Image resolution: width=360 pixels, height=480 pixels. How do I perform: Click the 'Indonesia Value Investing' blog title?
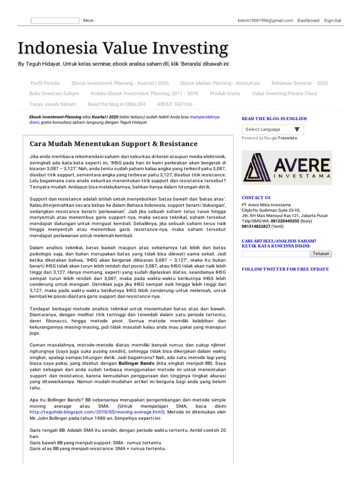point(123,48)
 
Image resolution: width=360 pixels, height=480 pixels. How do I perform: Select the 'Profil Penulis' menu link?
point(45,83)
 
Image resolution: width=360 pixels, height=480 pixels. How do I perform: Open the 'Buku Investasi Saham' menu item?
point(54,93)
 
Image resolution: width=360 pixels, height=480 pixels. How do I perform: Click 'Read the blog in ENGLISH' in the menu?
point(116,104)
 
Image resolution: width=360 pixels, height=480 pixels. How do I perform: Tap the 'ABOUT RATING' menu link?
point(174,104)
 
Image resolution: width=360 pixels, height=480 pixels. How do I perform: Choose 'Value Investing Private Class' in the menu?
point(285,93)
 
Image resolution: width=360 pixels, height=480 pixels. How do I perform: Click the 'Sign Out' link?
point(332,21)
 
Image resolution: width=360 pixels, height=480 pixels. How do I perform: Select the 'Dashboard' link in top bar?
point(308,21)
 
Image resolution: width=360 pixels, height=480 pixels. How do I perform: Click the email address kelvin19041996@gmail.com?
point(266,21)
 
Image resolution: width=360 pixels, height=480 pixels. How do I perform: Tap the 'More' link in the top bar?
point(88,21)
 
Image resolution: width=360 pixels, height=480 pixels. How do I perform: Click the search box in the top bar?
point(55,21)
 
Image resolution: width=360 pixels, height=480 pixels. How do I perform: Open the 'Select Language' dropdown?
point(272,129)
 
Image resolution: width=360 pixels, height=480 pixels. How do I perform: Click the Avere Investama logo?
point(286,167)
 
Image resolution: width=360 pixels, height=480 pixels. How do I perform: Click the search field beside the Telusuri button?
point(276,254)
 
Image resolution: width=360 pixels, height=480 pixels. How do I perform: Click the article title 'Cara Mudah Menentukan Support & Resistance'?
point(114,144)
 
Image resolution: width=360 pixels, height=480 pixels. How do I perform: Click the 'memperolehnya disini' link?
point(205,117)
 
